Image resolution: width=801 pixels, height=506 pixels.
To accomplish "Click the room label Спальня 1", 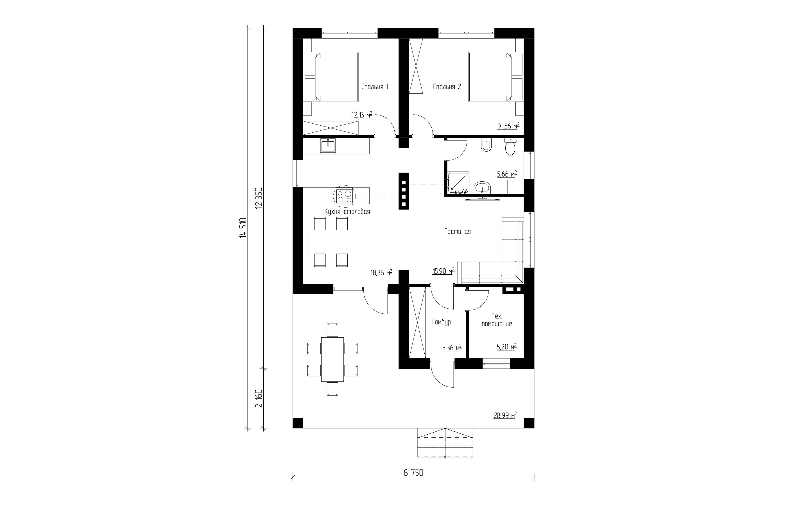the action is (375, 87).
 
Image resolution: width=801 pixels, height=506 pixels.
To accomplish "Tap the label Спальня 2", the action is (447, 87).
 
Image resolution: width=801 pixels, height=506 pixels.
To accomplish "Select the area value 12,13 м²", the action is (362, 115).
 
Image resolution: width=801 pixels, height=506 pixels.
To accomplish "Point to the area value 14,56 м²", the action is (508, 126).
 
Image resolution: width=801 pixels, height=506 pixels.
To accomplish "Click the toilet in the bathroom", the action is (510, 147).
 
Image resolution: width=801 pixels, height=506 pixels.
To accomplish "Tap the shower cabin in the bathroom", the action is (458, 183).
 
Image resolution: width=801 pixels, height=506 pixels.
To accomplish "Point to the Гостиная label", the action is (457, 232).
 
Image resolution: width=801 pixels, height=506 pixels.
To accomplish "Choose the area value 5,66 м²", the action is (507, 174).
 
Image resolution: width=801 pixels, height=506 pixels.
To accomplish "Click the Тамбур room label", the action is (441, 322).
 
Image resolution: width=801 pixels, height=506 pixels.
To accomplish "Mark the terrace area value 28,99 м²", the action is (505, 415).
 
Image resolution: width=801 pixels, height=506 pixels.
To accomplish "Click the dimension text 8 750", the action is (413, 473).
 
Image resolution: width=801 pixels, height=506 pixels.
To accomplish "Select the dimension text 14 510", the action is (243, 227).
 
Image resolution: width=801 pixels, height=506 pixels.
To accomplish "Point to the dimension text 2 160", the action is (259, 398).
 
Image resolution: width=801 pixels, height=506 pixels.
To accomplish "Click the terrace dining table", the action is (332, 359).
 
